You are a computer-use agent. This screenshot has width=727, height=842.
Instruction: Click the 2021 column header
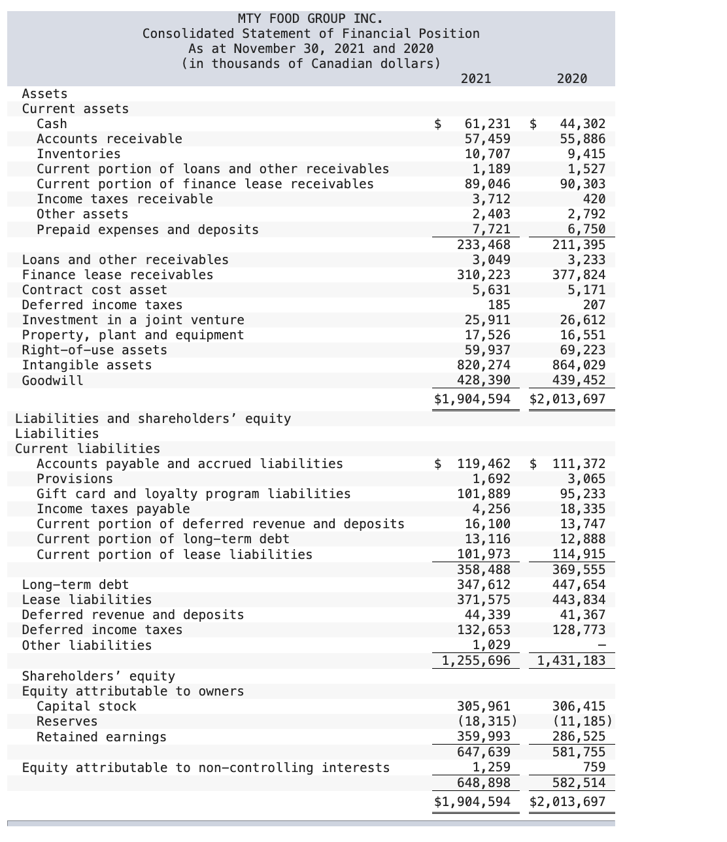tap(475, 78)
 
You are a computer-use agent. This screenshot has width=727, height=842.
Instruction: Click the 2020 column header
tap(571, 78)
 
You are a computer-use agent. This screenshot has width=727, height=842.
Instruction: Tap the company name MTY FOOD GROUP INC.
tap(311, 18)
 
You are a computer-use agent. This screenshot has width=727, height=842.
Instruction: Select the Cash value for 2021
tap(487, 124)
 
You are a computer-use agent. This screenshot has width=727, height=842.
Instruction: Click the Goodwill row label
tap(53, 380)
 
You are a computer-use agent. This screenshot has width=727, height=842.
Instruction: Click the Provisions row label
tap(75, 479)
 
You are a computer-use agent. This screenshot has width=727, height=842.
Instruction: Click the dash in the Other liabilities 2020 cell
tap(601, 645)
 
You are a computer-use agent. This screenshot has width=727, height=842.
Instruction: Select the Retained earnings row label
tap(101, 737)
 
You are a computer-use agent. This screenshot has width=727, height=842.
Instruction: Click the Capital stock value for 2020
tap(579, 706)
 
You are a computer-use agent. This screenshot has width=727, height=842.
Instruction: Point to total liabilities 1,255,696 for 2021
tap(476, 660)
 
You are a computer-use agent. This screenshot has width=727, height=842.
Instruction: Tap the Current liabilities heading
tap(88, 448)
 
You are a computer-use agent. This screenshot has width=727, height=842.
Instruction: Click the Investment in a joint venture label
tap(133, 320)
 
